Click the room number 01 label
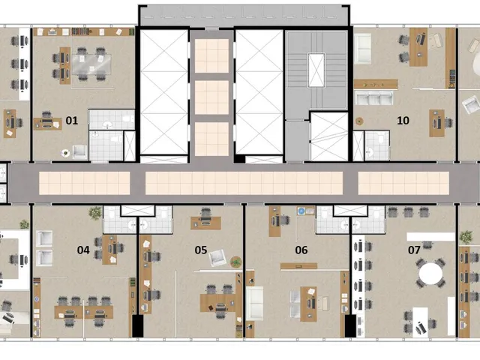pyautogui.click(x=72, y=121)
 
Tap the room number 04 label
pyautogui.click(x=83, y=250)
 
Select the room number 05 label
pyautogui.click(x=201, y=250)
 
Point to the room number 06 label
pyautogui.click(x=301, y=250)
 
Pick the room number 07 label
pyautogui.click(x=414, y=250)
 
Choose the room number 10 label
pyautogui.click(x=403, y=121)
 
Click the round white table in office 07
pyautogui.click(x=430, y=273)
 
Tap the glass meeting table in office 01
pyautogui.click(x=91, y=64)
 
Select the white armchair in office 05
pyautogui.click(x=217, y=257)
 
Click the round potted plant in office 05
pyautogui.click(x=236, y=262)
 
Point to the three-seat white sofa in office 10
pyautogui.click(x=373, y=98)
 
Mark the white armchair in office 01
pyautogui.click(x=79, y=151)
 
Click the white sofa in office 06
pyautogui.click(x=255, y=303)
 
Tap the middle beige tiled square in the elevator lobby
pyautogui.click(x=211, y=97)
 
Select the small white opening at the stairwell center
pyautogui.click(x=316, y=70)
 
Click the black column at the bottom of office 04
pyautogui.click(x=138, y=326)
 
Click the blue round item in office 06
pyautogui.click(x=301, y=211)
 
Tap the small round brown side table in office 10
pyautogui.click(x=359, y=121)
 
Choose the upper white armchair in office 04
pyautogui.click(x=44, y=238)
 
